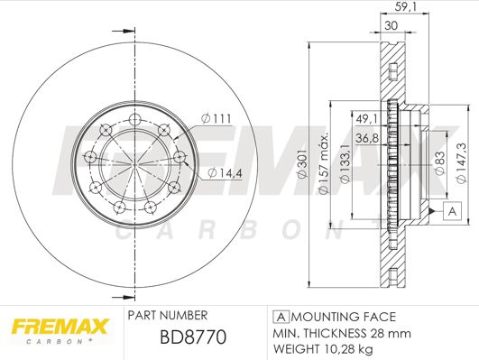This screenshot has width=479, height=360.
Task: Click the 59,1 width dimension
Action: pos(406,7)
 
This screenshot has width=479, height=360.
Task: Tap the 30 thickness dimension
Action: pos(391,25)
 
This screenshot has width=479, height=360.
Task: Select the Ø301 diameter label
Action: pos(302,164)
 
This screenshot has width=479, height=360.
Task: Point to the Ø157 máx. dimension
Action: pos(323,163)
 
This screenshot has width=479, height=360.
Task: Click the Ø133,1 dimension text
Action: pos(345,163)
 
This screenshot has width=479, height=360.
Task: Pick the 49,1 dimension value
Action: pos(367,119)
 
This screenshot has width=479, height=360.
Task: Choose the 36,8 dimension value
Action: pos(367,138)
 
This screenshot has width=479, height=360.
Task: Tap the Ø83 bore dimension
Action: pos(440,163)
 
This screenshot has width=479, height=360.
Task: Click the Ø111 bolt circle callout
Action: pos(216,118)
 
